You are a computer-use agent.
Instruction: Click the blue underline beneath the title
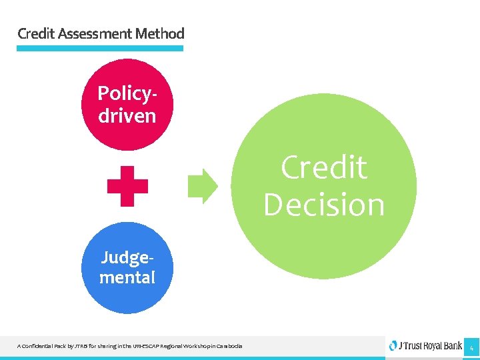tap(99, 48)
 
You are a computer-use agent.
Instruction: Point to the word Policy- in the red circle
tap(127, 93)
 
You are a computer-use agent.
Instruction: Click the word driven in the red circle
tap(127, 115)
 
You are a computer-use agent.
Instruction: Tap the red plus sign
tap(127, 186)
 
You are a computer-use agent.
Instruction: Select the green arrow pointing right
tap(203, 186)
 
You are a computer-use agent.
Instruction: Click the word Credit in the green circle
tap(324, 167)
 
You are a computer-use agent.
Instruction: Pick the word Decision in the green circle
tap(324, 205)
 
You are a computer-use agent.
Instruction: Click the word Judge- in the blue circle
tap(127, 257)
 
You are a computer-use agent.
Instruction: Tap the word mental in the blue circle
tap(127, 277)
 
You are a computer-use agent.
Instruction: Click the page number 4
tap(471, 347)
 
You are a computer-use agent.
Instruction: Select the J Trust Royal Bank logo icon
tap(393, 345)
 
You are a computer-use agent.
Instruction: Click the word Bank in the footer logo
tap(450, 346)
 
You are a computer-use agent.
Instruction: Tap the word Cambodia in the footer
tap(229, 346)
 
